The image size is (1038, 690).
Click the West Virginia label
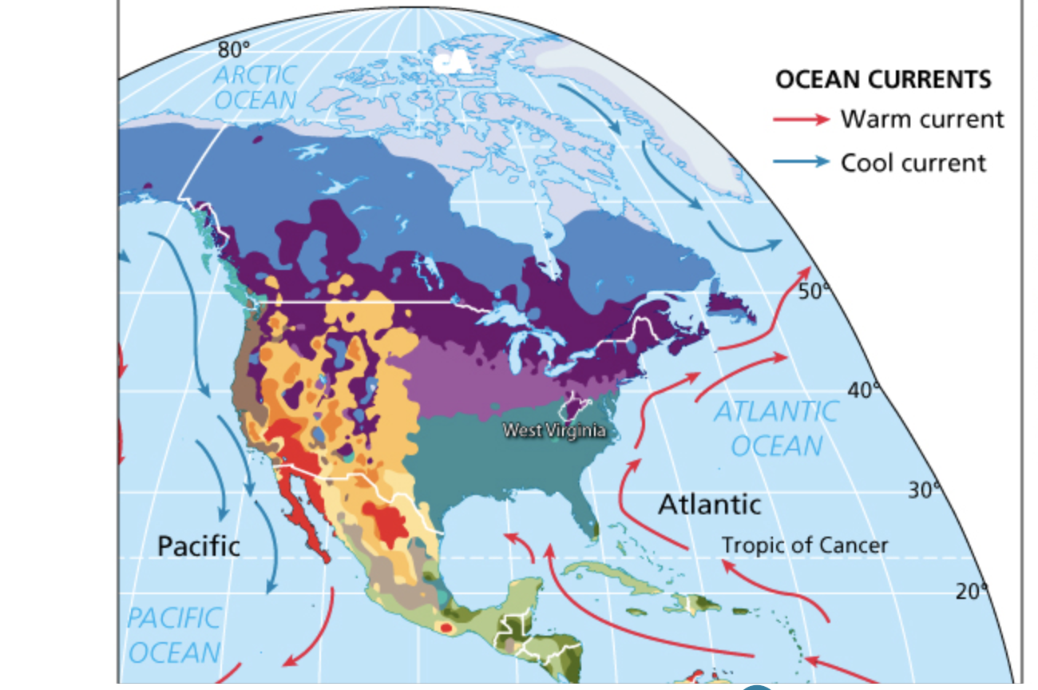(553, 430)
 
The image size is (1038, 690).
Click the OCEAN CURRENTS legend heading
(883, 80)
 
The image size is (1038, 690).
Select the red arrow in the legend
(801, 120)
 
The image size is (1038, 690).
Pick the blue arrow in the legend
(801, 162)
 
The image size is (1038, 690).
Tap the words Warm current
(921, 120)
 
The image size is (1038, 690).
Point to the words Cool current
(913, 162)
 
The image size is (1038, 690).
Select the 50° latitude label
(814, 291)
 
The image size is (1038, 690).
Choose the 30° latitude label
(925, 490)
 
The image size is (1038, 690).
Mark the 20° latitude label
(971, 592)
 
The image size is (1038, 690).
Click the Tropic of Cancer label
(804, 545)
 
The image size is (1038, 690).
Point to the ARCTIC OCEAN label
(255, 87)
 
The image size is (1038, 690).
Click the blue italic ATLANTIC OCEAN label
(775, 429)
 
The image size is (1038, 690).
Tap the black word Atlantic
(709, 505)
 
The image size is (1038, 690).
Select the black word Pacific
(198, 546)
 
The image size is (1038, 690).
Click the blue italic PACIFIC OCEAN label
(173, 635)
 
